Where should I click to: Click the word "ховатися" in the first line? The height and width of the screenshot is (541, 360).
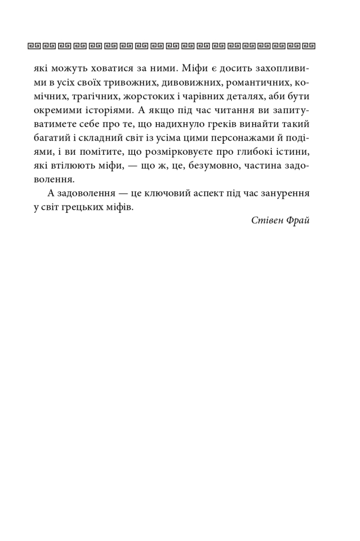[112, 69]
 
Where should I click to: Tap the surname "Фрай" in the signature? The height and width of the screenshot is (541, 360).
[298, 221]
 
